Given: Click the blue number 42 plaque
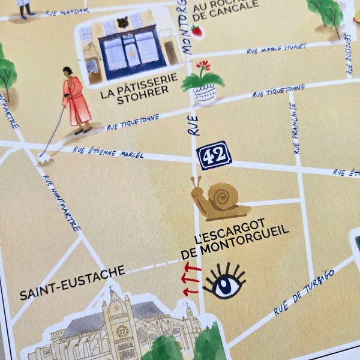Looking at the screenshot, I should (x=214, y=155).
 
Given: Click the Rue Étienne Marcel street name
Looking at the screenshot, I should (x=108, y=152).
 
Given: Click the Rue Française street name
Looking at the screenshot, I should (x=295, y=128).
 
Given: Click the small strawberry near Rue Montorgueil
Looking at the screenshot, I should (x=196, y=31).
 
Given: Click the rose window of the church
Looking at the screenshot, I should (x=122, y=331).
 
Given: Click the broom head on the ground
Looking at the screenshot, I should (x=44, y=158).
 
